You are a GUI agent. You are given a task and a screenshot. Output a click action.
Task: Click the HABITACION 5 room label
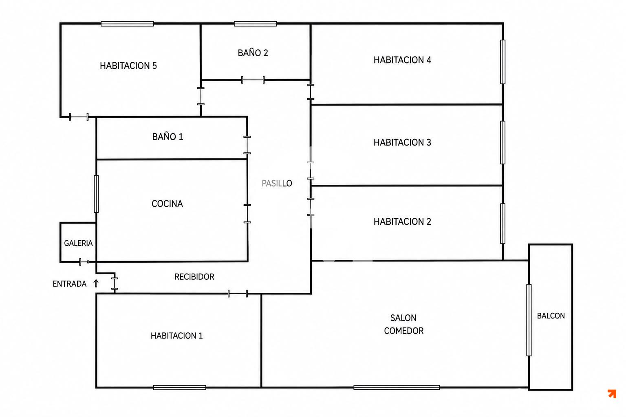[128, 66]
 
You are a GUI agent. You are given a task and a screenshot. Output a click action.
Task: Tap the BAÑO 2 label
[253, 53]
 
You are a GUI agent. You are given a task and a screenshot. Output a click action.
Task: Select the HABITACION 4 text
[402, 60]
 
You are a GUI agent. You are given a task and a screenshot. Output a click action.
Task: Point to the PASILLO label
[277, 183]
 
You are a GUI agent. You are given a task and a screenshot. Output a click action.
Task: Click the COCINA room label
[167, 204]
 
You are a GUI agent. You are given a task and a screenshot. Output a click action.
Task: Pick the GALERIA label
[78, 243]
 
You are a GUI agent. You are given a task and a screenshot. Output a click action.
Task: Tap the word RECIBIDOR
[194, 277]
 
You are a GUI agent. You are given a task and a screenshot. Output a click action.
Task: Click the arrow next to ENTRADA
[96, 283]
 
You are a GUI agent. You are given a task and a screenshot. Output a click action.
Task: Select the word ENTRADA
[70, 284]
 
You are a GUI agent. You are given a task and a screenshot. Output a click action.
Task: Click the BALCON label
[551, 316]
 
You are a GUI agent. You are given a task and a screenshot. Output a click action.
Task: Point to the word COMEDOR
[403, 331]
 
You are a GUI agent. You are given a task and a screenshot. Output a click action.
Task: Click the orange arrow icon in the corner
[612, 393]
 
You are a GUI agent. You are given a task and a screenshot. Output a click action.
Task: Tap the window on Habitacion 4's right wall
[503, 62]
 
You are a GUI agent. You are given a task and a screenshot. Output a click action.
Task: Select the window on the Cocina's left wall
[96, 194]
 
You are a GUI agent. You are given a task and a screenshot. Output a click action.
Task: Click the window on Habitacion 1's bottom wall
[180, 387]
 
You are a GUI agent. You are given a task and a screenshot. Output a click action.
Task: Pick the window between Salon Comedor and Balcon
[529, 320]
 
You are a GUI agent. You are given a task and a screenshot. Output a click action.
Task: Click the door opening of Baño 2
[253, 80]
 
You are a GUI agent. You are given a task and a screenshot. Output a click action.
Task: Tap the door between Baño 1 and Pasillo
[247, 145]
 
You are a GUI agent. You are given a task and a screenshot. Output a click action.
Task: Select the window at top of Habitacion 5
[127, 24]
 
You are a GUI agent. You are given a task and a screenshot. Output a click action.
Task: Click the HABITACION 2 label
[402, 222]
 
